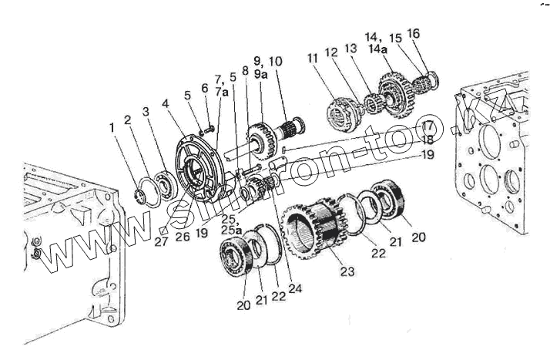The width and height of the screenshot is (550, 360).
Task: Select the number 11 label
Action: [311, 58]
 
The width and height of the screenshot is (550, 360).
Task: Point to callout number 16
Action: [414, 34]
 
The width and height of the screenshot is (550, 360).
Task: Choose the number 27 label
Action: [159, 241]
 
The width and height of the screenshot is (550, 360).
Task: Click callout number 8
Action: [244, 71]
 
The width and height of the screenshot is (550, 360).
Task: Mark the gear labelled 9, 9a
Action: [259, 139]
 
